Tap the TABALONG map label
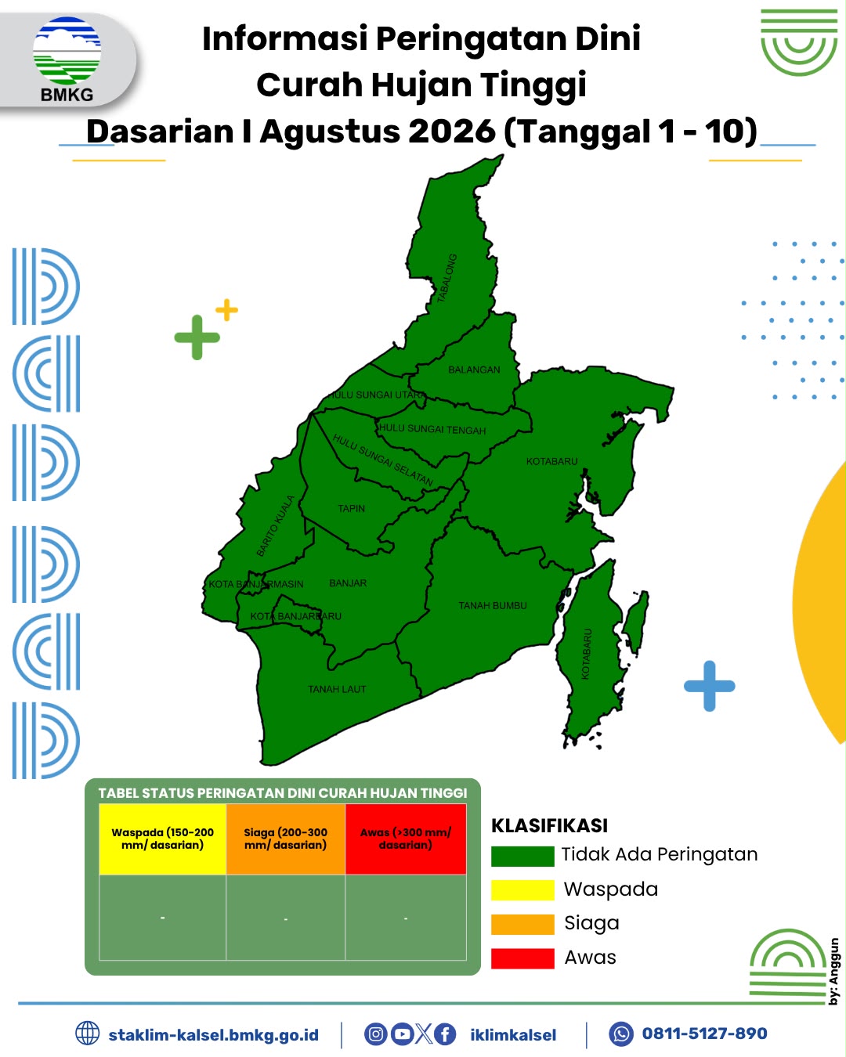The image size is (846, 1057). [x=447, y=278]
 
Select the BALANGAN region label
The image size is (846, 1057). [x=474, y=370]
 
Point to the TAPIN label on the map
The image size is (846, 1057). [x=351, y=508]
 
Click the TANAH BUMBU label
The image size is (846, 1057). [x=493, y=605]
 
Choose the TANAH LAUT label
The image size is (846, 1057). [x=337, y=689]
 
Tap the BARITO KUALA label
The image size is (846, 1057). [x=275, y=526]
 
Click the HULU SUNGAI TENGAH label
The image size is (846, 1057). [x=432, y=429]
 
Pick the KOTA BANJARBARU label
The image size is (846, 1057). [x=295, y=616]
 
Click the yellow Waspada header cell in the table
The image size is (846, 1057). [x=163, y=839]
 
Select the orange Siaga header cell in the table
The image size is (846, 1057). [x=286, y=839]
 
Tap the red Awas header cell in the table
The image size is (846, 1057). [x=406, y=839]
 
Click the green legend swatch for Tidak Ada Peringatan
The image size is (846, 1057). [x=522, y=857]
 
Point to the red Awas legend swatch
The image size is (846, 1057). [x=522, y=958]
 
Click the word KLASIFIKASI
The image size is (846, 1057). [x=550, y=826]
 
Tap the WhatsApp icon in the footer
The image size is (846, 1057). [x=621, y=1034]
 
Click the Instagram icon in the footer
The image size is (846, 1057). [x=375, y=1034]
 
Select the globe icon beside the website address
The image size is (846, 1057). [x=88, y=1033]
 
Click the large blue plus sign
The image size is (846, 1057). [x=710, y=686]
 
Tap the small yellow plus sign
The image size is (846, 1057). [x=226, y=310]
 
